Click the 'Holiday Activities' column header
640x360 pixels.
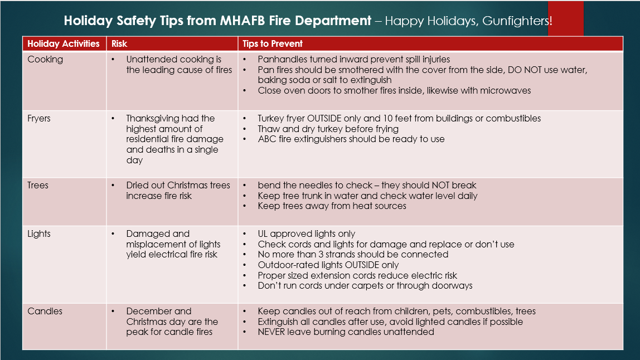pyautogui.click(x=63, y=43)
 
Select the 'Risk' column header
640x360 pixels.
pyautogui.click(x=119, y=43)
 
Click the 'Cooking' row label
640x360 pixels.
pyautogui.click(x=45, y=59)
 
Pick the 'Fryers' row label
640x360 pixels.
pyautogui.click(x=39, y=118)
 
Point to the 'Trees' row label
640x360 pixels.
pyautogui.click(x=38, y=185)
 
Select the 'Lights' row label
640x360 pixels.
pyautogui.click(x=39, y=233)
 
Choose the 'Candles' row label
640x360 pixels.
pyautogui.click(x=45, y=311)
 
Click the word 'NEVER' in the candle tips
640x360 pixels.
pyautogui.click(x=272, y=332)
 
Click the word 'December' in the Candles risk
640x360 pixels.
pyautogui.click(x=151, y=311)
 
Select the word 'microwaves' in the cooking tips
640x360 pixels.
pyautogui.click(x=508, y=90)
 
